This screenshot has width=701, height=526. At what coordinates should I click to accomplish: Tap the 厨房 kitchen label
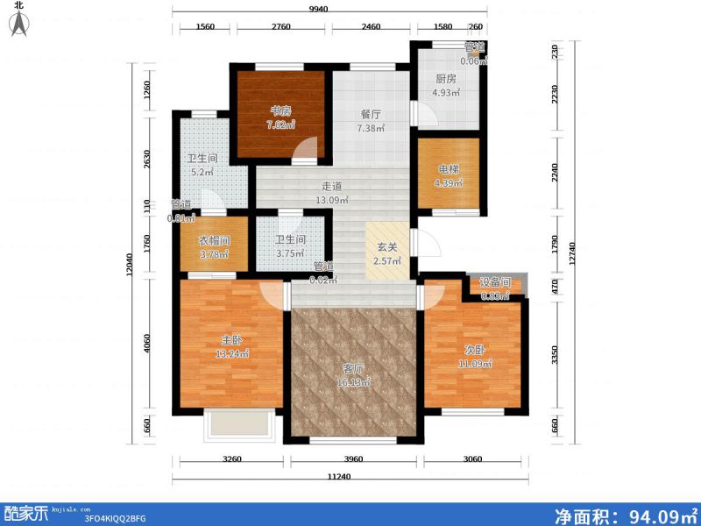tap(446, 77)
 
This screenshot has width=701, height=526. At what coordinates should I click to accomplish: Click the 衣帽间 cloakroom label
tap(212, 240)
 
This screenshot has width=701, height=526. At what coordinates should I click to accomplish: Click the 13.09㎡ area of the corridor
tap(331, 200)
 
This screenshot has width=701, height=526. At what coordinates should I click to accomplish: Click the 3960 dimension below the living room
tap(354, 458)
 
